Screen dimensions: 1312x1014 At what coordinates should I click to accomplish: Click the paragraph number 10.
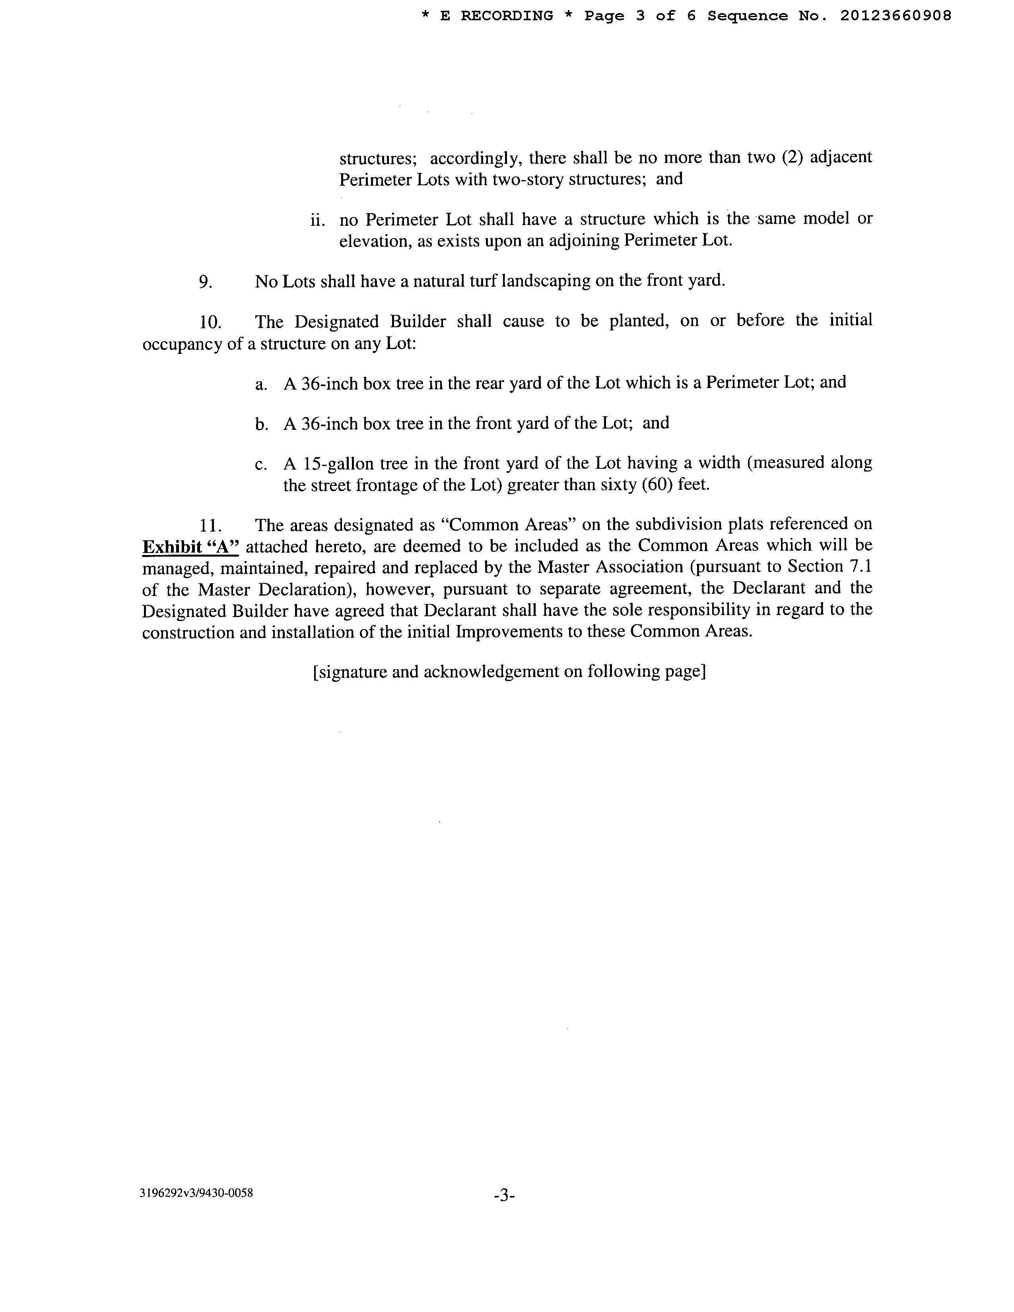pyautogui.click(x=211, y=322)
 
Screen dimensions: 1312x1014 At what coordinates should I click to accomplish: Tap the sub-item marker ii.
pyautogui.click(x=318, y=221)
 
